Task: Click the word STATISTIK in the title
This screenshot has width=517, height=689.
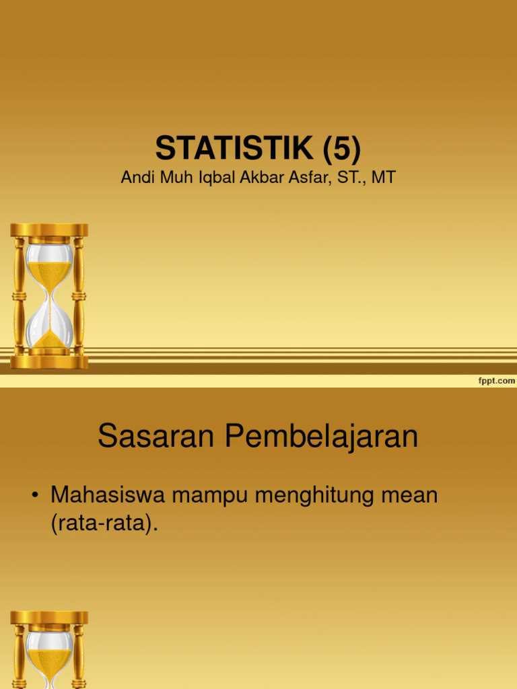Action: [234, 147]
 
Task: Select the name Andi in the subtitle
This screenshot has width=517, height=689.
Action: [136, 178]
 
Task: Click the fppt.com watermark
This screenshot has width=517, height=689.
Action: [496, 381]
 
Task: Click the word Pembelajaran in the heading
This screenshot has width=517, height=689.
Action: [321, 437]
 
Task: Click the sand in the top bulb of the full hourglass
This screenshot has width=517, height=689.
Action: [49, 273]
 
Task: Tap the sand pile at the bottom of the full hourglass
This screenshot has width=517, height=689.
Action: [49, 340]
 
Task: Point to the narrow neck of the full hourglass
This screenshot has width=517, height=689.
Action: [49, 297]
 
